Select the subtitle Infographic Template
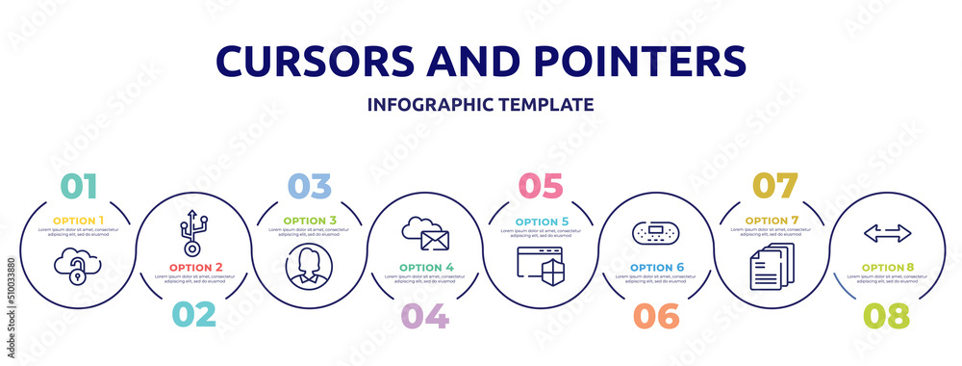[480, 104]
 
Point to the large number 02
[192, 315]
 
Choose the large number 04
[424, 315]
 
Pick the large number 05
[540, 186]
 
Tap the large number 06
[655, 315]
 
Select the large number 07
[772, 186]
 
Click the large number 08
[887, 315]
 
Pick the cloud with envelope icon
[425, 233]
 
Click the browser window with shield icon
[541, 265]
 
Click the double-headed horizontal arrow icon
[887, 232]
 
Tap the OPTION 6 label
[655, 267]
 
